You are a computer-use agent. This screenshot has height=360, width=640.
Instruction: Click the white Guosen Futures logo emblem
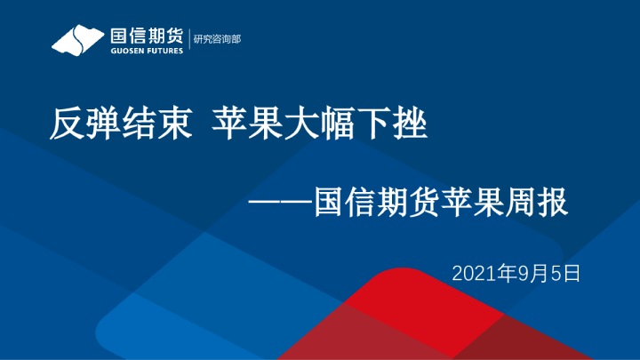[x=76, y=40]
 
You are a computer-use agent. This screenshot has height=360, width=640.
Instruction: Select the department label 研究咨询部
[x=218, y=40]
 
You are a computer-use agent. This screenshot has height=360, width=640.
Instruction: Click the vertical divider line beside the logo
[x=189, y=40]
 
